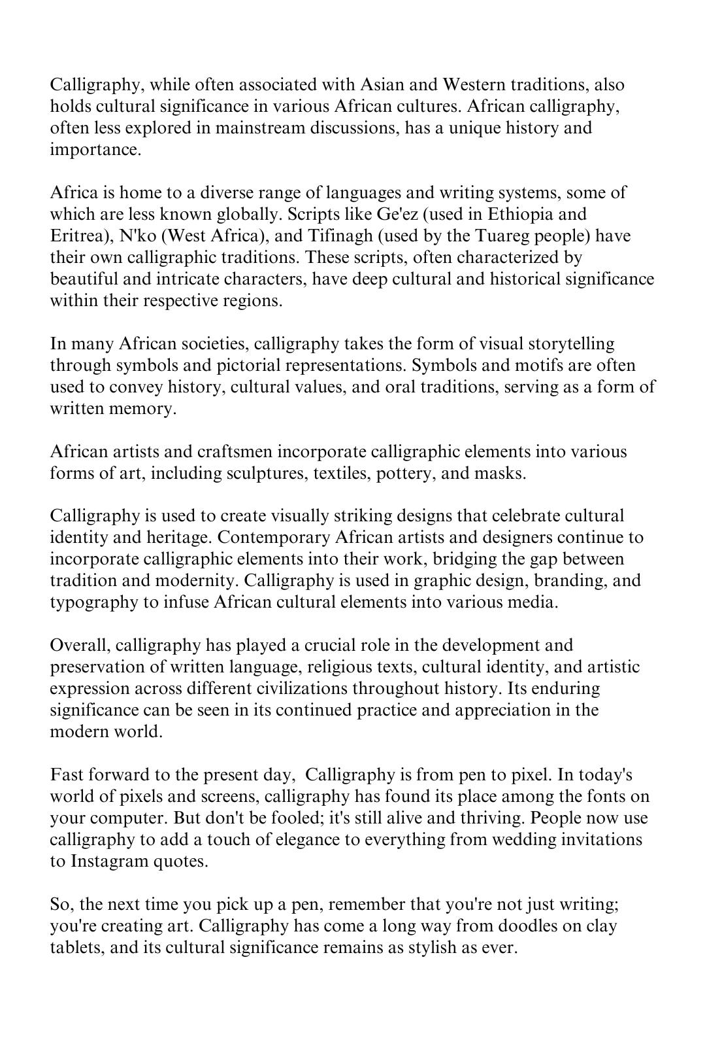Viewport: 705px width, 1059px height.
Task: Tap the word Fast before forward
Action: click(x=63, y=775)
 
